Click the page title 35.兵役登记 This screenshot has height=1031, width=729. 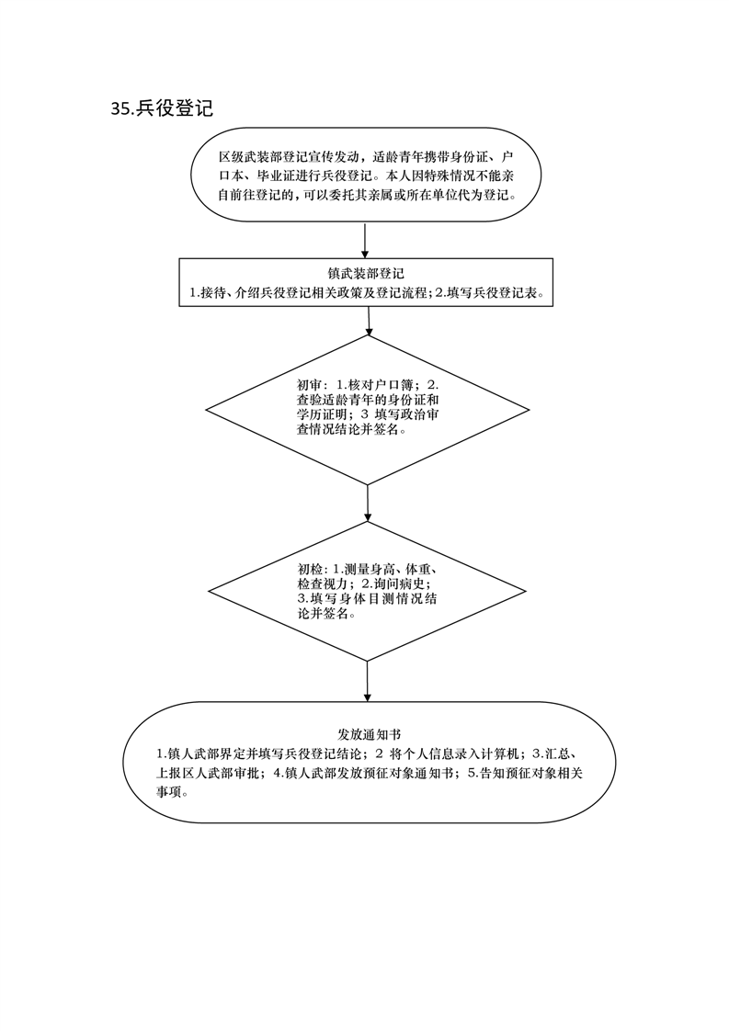(162, 108)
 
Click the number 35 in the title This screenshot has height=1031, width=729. (120, 109)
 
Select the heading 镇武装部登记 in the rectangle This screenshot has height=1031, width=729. (367, 274)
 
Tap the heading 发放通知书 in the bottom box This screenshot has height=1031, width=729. (368, 734)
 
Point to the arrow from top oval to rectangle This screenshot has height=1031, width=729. (366, 240)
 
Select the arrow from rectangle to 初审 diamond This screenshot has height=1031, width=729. (369, 321)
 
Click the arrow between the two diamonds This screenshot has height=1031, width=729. (368, 503)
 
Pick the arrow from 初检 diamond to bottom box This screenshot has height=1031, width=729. (368, 681)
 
